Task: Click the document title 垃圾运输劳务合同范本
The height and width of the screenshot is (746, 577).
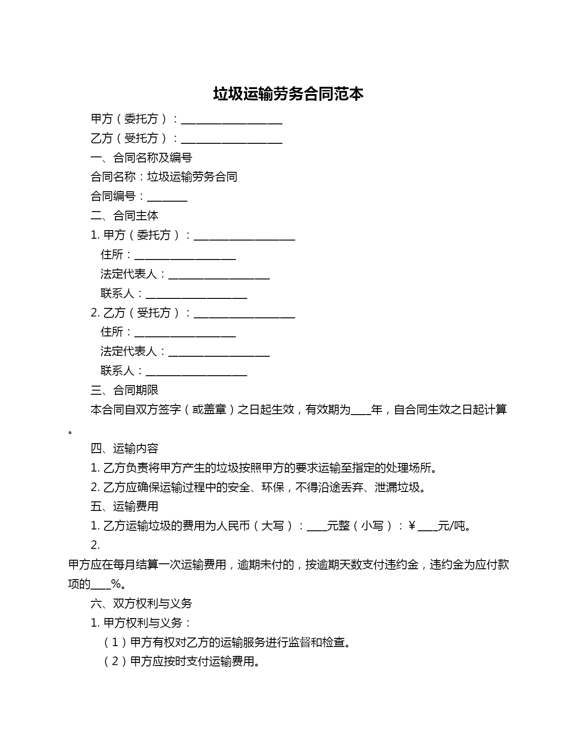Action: (x=288, y=94)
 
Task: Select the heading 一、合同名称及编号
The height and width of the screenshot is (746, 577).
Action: (x=141, y=157)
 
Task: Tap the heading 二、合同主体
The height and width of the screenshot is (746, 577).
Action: (x=124, y=216)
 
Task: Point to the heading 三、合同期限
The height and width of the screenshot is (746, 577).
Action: (x=124, y=390)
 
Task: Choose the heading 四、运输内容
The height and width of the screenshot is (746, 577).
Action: (x=124, y=448)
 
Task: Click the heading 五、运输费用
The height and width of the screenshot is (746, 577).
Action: (x=124, y=506)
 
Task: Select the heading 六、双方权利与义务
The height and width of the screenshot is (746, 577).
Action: (x=141, y=603)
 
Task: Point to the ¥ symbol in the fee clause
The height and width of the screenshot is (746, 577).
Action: (x=412, y=526)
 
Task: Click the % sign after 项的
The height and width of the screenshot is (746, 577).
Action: (x=116, y=584)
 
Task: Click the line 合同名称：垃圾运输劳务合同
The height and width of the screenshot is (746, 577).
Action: (x=164, y=177)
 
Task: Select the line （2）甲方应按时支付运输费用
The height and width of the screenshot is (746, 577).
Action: (x=182, y=661)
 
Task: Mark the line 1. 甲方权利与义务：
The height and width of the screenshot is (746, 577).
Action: (x=141, y=623)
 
